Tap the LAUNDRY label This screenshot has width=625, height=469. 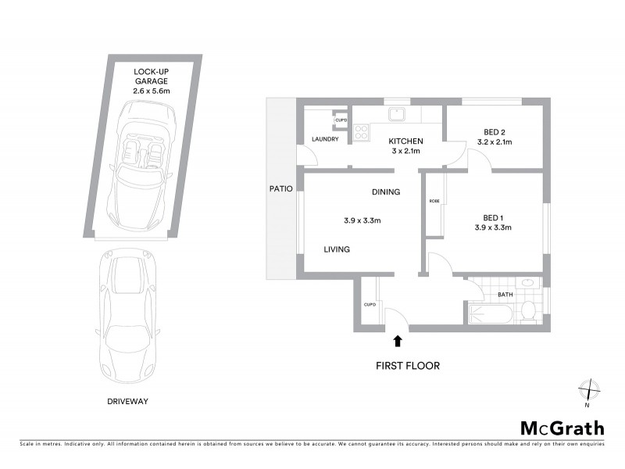coord(324,139)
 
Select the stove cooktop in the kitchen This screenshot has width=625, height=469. coord(362,132)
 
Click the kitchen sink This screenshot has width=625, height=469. coord(398,113)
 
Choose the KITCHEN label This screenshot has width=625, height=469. coord(406,141)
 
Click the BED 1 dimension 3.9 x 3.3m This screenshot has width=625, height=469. coord(492,227)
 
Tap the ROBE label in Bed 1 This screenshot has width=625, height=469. coord(434,201)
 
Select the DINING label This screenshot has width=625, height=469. coord(385,192)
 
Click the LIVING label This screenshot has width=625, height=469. coord(337,249)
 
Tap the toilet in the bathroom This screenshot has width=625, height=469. coord(528,309)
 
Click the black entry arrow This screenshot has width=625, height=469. coord(398,340)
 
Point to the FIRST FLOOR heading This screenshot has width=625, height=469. coord(409,365)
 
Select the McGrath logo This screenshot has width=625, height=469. coord(562,428)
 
